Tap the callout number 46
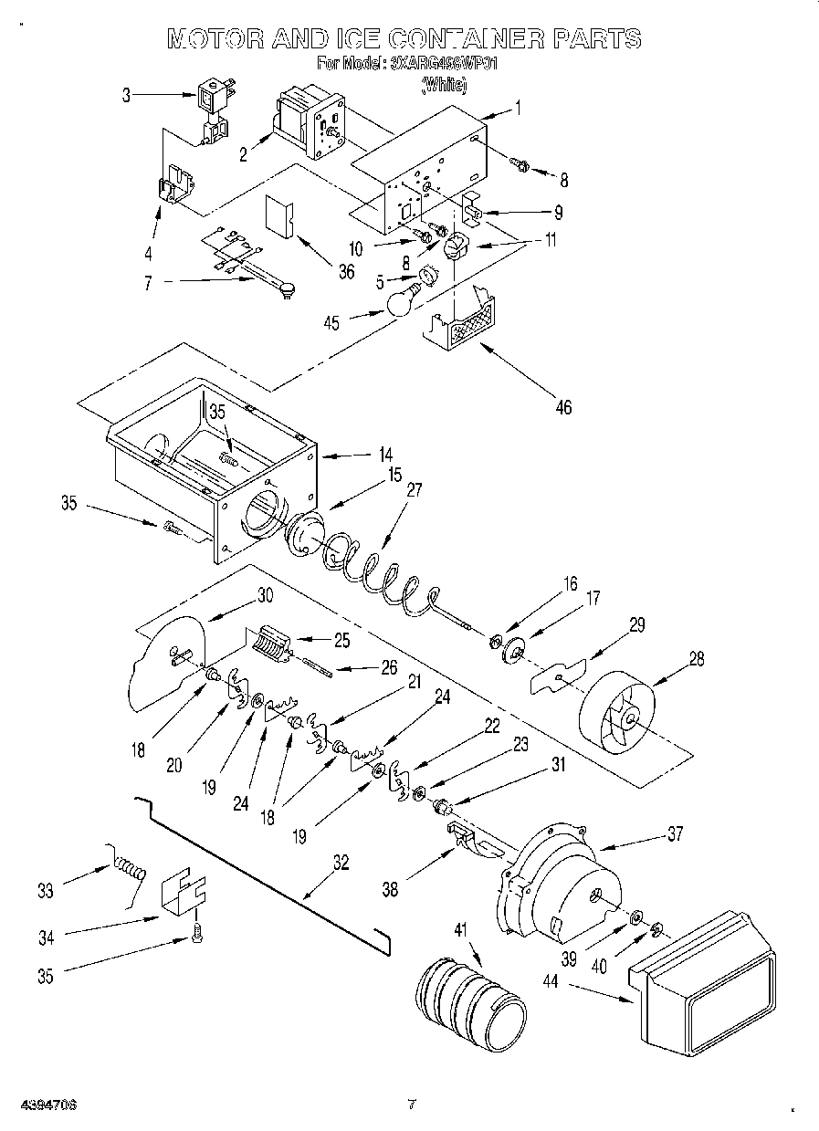[563, 407]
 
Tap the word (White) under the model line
[444, 86]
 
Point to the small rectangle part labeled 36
[278, 217]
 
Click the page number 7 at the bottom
[412, 1105]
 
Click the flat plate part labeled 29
[559, 675]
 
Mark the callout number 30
[265, 595]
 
